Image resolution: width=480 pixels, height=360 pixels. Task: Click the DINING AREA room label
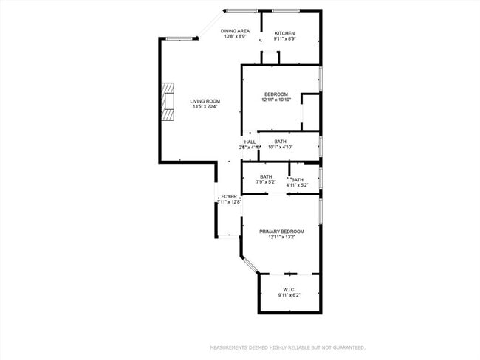(235, 30)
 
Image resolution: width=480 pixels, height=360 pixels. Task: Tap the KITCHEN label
(285, 34)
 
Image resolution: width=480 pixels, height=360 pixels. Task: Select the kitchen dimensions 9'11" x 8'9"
(285, 39)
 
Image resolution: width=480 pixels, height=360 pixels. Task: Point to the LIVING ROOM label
(205, 101)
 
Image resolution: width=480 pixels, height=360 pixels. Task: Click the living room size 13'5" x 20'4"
(205, 107)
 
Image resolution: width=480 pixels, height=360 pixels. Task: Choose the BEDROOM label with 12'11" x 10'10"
(276, 94)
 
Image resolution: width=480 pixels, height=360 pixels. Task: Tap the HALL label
(250, 142)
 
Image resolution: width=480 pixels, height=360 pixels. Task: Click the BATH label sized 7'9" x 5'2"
(265, 176)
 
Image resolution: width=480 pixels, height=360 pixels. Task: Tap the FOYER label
(229, 197)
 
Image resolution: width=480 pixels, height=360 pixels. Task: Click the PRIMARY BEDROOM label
(281, 232)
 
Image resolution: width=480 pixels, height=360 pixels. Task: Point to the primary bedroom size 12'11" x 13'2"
(281, 238)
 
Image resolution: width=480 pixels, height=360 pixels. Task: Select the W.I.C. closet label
(289, 289)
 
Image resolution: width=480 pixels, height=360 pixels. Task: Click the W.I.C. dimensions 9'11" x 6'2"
(289, 295)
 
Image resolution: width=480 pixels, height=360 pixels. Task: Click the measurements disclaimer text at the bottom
(287, 347)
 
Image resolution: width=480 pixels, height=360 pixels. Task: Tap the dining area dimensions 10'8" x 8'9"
(235, 36)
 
